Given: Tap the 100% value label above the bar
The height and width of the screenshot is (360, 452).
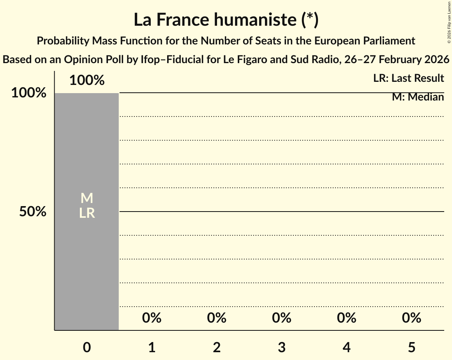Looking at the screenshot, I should [x=87, y=80].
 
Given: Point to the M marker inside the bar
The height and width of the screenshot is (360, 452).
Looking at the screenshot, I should [x=87, y=199].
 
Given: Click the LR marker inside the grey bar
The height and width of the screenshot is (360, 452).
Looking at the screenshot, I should [x=87, y=213].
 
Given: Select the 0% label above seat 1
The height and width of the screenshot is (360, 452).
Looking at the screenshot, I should [x=152, y=318].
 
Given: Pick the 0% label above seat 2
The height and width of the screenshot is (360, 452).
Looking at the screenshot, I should [x=217, y=318].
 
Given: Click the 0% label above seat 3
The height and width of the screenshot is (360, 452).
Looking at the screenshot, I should [x=282, y=318].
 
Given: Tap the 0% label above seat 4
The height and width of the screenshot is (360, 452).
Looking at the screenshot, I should [x=347, y=318].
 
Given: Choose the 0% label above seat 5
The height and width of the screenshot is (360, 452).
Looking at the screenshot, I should [x=411, y=318].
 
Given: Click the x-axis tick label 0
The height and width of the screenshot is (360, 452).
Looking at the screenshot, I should [x=87, y=347].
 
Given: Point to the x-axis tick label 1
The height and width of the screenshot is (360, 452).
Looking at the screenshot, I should [x=152, y=347].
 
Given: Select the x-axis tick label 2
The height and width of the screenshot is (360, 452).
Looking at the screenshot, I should [x=217, y=347].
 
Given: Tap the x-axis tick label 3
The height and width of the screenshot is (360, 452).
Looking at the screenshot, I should [x=282, y=347].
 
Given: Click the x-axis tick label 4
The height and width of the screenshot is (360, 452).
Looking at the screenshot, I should [x=347, y=347].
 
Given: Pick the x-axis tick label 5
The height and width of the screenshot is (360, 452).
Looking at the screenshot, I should [x=411, y=347].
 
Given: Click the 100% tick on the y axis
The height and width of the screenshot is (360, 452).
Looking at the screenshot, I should [x=28, y=93].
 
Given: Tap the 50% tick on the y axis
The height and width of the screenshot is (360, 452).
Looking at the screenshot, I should [x=33, y=212].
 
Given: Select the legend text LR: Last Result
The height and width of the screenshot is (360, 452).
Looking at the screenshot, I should [x=408, y=78].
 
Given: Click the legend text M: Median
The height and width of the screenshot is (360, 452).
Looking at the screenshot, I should [x=418, y=97].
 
